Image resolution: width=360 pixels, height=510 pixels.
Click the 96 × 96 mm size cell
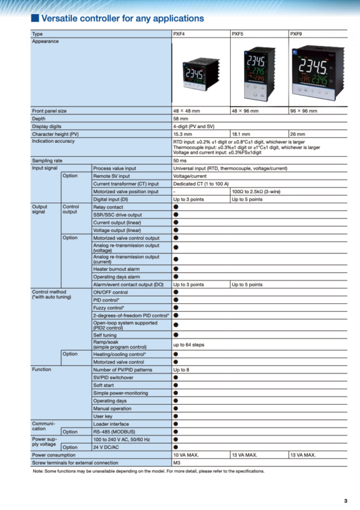303,111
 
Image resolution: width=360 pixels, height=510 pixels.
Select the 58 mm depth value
180,119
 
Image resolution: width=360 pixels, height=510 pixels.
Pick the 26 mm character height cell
298,134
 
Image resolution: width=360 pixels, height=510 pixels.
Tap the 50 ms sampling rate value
180,161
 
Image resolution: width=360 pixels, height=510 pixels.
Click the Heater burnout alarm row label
117,269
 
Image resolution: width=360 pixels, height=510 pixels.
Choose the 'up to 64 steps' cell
189,344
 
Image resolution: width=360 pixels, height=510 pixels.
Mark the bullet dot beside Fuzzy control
176,307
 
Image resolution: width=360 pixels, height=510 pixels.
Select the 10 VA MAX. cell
186,455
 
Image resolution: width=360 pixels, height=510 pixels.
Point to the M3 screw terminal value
177,462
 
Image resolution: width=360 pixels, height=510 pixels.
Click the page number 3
345,500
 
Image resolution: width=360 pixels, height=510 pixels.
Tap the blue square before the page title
35,18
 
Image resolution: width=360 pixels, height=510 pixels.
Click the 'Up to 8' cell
182,369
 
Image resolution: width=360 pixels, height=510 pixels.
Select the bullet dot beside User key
176,416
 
